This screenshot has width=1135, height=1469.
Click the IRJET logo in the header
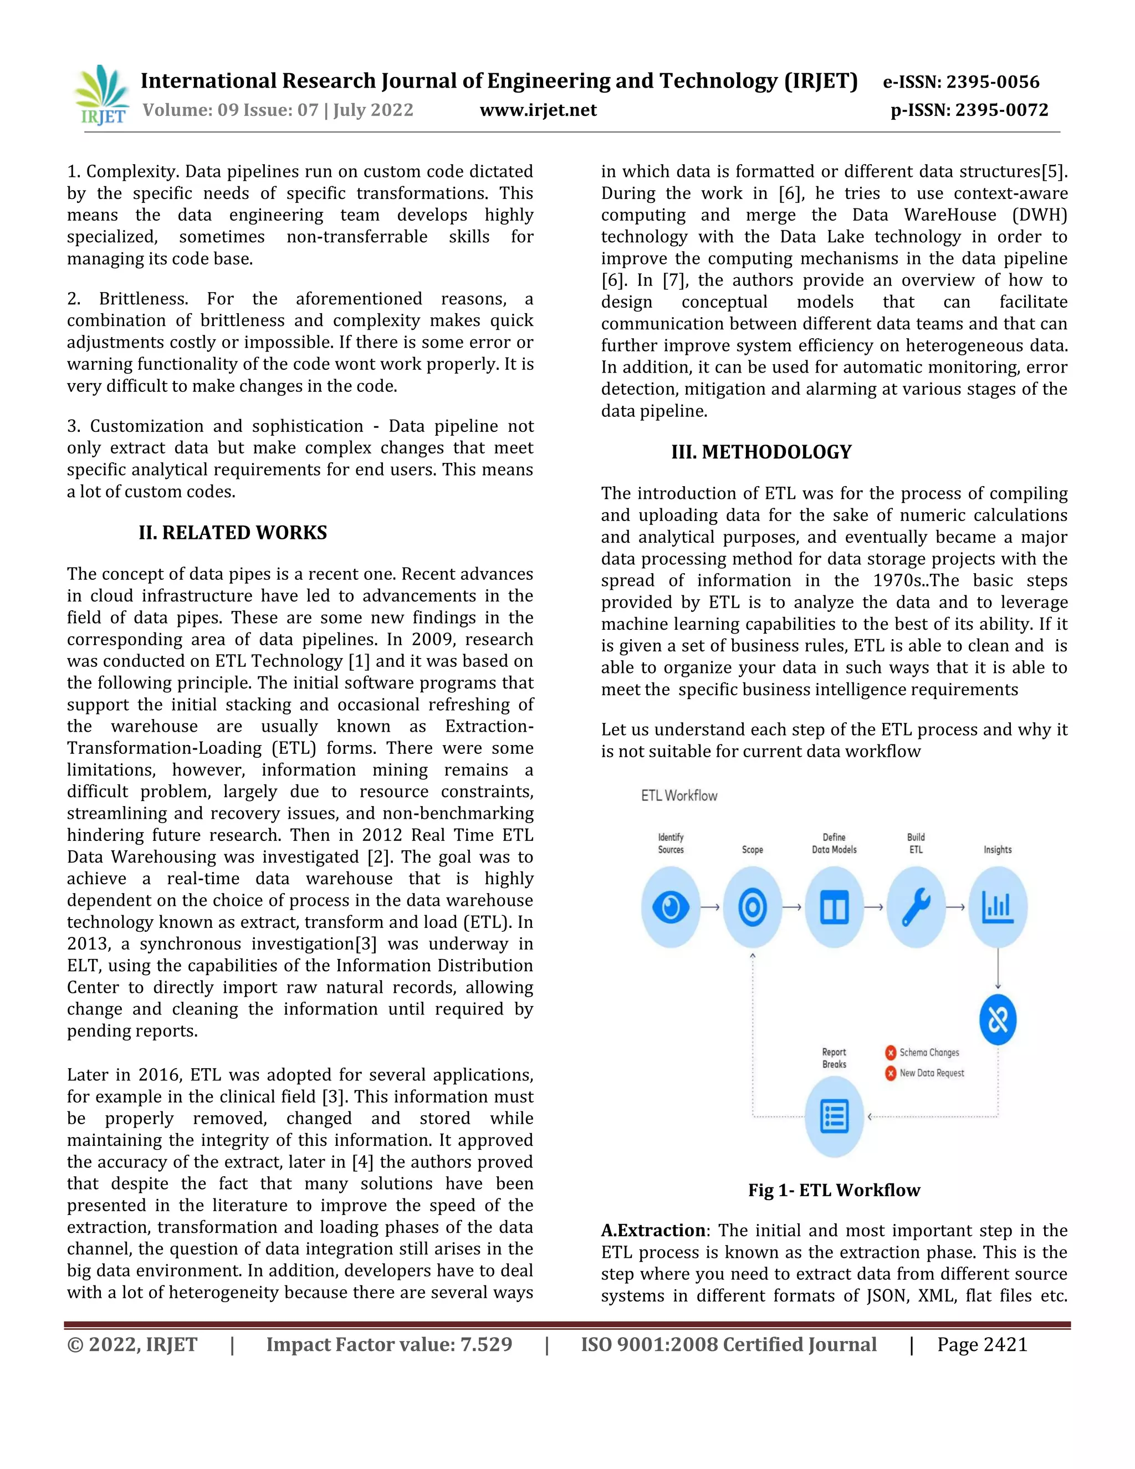pos(102,95)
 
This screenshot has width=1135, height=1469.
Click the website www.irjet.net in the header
pos(538,110)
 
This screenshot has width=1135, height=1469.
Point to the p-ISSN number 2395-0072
pos(1001,110)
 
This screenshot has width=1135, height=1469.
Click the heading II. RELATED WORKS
pos(233,533)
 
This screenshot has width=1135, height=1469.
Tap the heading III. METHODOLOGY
pos(761,452)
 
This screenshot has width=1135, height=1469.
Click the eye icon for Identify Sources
pos(671,907)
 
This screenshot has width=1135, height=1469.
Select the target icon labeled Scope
pos(753,907)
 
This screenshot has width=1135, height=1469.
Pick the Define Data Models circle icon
pos(835,907)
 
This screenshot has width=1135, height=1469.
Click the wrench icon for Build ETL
pos(916,907)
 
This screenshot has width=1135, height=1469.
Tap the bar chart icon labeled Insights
pos(998,907)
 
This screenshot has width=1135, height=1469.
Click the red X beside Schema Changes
pos(891,1053)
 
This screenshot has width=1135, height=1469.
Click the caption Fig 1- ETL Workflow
pos(834,1191)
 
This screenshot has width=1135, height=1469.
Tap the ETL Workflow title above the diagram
pos(679,795)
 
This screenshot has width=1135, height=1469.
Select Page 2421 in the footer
pos(983,1345)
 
